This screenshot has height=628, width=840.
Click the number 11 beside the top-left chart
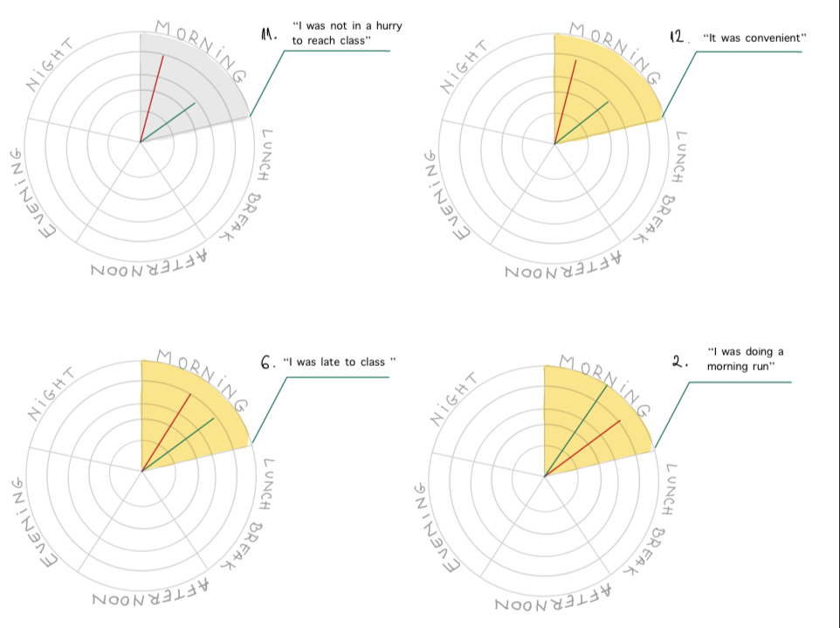coord(269,34)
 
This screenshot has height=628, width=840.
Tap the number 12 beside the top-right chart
coord(678,38)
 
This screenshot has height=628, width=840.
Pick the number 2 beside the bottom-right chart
coord(678,360)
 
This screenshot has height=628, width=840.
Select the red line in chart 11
coord(152,96)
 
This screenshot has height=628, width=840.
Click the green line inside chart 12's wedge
coord(583,121)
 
